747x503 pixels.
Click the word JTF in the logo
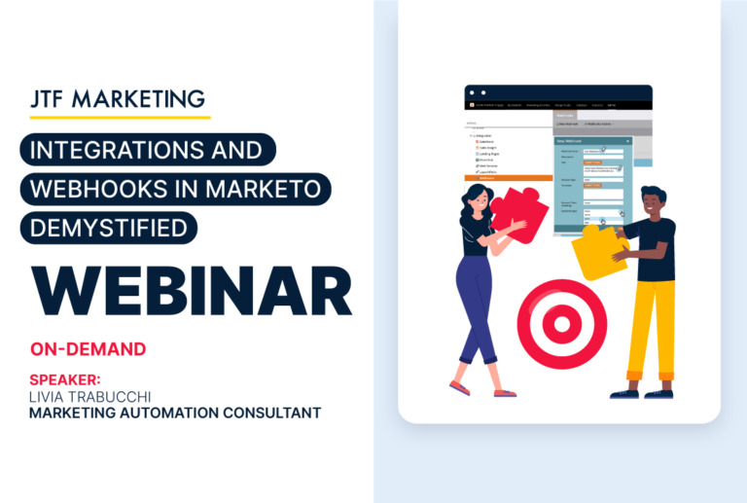click(51, 99)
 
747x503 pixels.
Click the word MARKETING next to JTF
click(142, 99)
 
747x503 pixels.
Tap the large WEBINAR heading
click(190, 290)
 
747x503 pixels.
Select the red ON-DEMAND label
click(88, 348)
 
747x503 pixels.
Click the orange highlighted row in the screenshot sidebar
click(509, 179)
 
